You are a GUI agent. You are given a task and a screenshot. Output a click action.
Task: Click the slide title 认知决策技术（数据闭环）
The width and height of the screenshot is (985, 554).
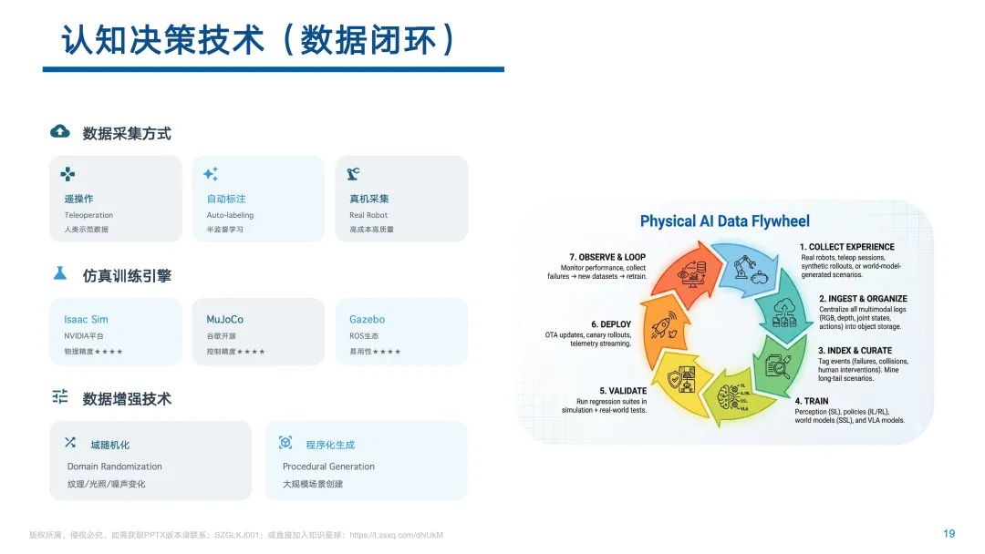(x=259, y=39)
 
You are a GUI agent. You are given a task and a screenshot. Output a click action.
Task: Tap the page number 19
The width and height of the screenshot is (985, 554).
(x=949, y=534)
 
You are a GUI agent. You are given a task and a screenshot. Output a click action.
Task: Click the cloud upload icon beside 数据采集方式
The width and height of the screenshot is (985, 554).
(x=60, y=132)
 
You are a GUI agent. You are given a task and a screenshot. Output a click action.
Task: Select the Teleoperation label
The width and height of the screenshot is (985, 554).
(x=88, y=215)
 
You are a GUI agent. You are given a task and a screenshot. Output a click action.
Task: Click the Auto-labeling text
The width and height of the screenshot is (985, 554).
(x=230, y=215)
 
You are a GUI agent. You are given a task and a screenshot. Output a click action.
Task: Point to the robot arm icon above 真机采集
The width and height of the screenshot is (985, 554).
(x=354, y=174)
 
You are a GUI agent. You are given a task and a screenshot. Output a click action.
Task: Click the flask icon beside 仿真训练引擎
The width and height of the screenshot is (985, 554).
(x=60, y=273)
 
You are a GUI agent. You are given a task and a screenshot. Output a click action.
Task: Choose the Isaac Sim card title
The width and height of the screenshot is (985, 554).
(x=86, y=320)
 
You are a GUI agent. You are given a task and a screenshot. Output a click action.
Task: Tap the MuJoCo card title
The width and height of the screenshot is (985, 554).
(x=225, y=320)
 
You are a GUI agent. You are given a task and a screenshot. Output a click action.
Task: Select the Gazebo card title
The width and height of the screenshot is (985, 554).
(x=367, y=320)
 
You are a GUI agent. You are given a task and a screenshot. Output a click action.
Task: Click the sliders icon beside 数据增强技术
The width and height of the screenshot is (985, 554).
(x=60, y=396)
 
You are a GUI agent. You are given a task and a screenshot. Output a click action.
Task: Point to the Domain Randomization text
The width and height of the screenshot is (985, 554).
(x=114, y=467)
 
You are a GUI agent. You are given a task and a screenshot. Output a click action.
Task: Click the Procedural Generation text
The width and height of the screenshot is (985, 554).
(x=328, y=467)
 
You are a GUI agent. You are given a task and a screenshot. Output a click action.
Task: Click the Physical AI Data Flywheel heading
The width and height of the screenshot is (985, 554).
(x=724, y=221)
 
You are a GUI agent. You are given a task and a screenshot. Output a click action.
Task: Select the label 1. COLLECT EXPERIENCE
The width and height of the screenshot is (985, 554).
(x=846, y=247)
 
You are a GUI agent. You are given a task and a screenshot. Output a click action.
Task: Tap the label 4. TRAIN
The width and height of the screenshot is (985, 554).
(x=811, y=401)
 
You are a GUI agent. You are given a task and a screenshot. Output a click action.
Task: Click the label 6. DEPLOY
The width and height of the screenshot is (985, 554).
(x=611, y=324)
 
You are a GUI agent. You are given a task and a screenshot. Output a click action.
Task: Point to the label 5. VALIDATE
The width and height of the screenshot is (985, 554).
(x=623, y=391)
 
